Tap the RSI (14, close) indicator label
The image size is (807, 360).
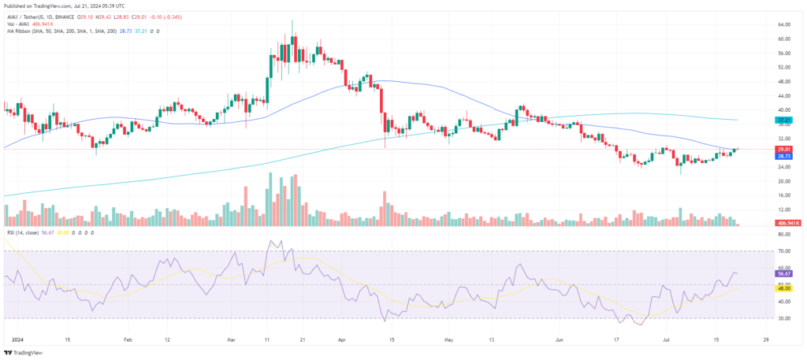pos(21,233)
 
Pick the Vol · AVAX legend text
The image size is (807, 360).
pos(17,22)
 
